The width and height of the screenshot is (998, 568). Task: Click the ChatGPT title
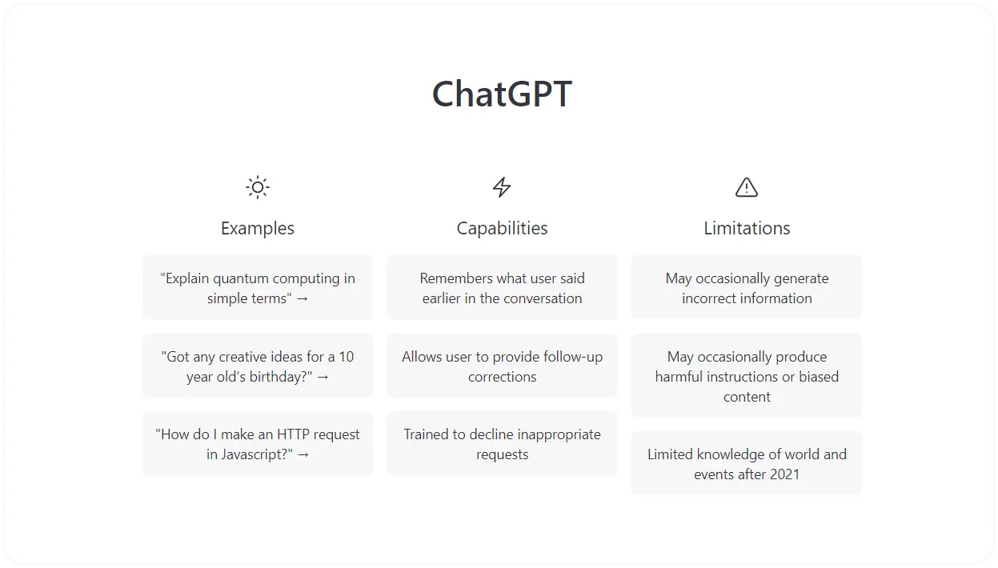pos(502,94)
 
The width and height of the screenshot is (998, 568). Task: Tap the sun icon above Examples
pos(258,187)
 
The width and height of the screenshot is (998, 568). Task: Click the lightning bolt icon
pos(502,187)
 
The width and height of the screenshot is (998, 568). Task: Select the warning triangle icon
pos(746,187)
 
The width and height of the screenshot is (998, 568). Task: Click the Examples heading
pos(258,228)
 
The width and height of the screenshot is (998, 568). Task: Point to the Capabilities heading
pos(502,228)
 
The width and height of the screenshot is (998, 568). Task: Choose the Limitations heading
pos(747,228)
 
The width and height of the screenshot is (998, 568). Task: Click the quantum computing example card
pos(258,287)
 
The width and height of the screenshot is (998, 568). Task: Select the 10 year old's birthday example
pos(258,366)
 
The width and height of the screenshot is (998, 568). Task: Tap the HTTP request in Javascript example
pos(258,444)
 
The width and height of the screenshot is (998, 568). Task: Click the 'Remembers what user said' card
pos(502,287)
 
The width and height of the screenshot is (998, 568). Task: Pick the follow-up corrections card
pos(502,366)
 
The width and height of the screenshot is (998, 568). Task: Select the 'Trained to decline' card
pos(502,444)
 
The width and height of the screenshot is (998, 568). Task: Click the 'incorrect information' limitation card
pos(747,287)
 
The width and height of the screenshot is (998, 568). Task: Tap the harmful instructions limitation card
pos(747,375)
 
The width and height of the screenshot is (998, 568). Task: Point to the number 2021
pos(784,474)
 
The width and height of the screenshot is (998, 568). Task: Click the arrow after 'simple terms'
pos(302,298)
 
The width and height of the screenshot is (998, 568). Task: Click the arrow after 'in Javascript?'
pos(303,455)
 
